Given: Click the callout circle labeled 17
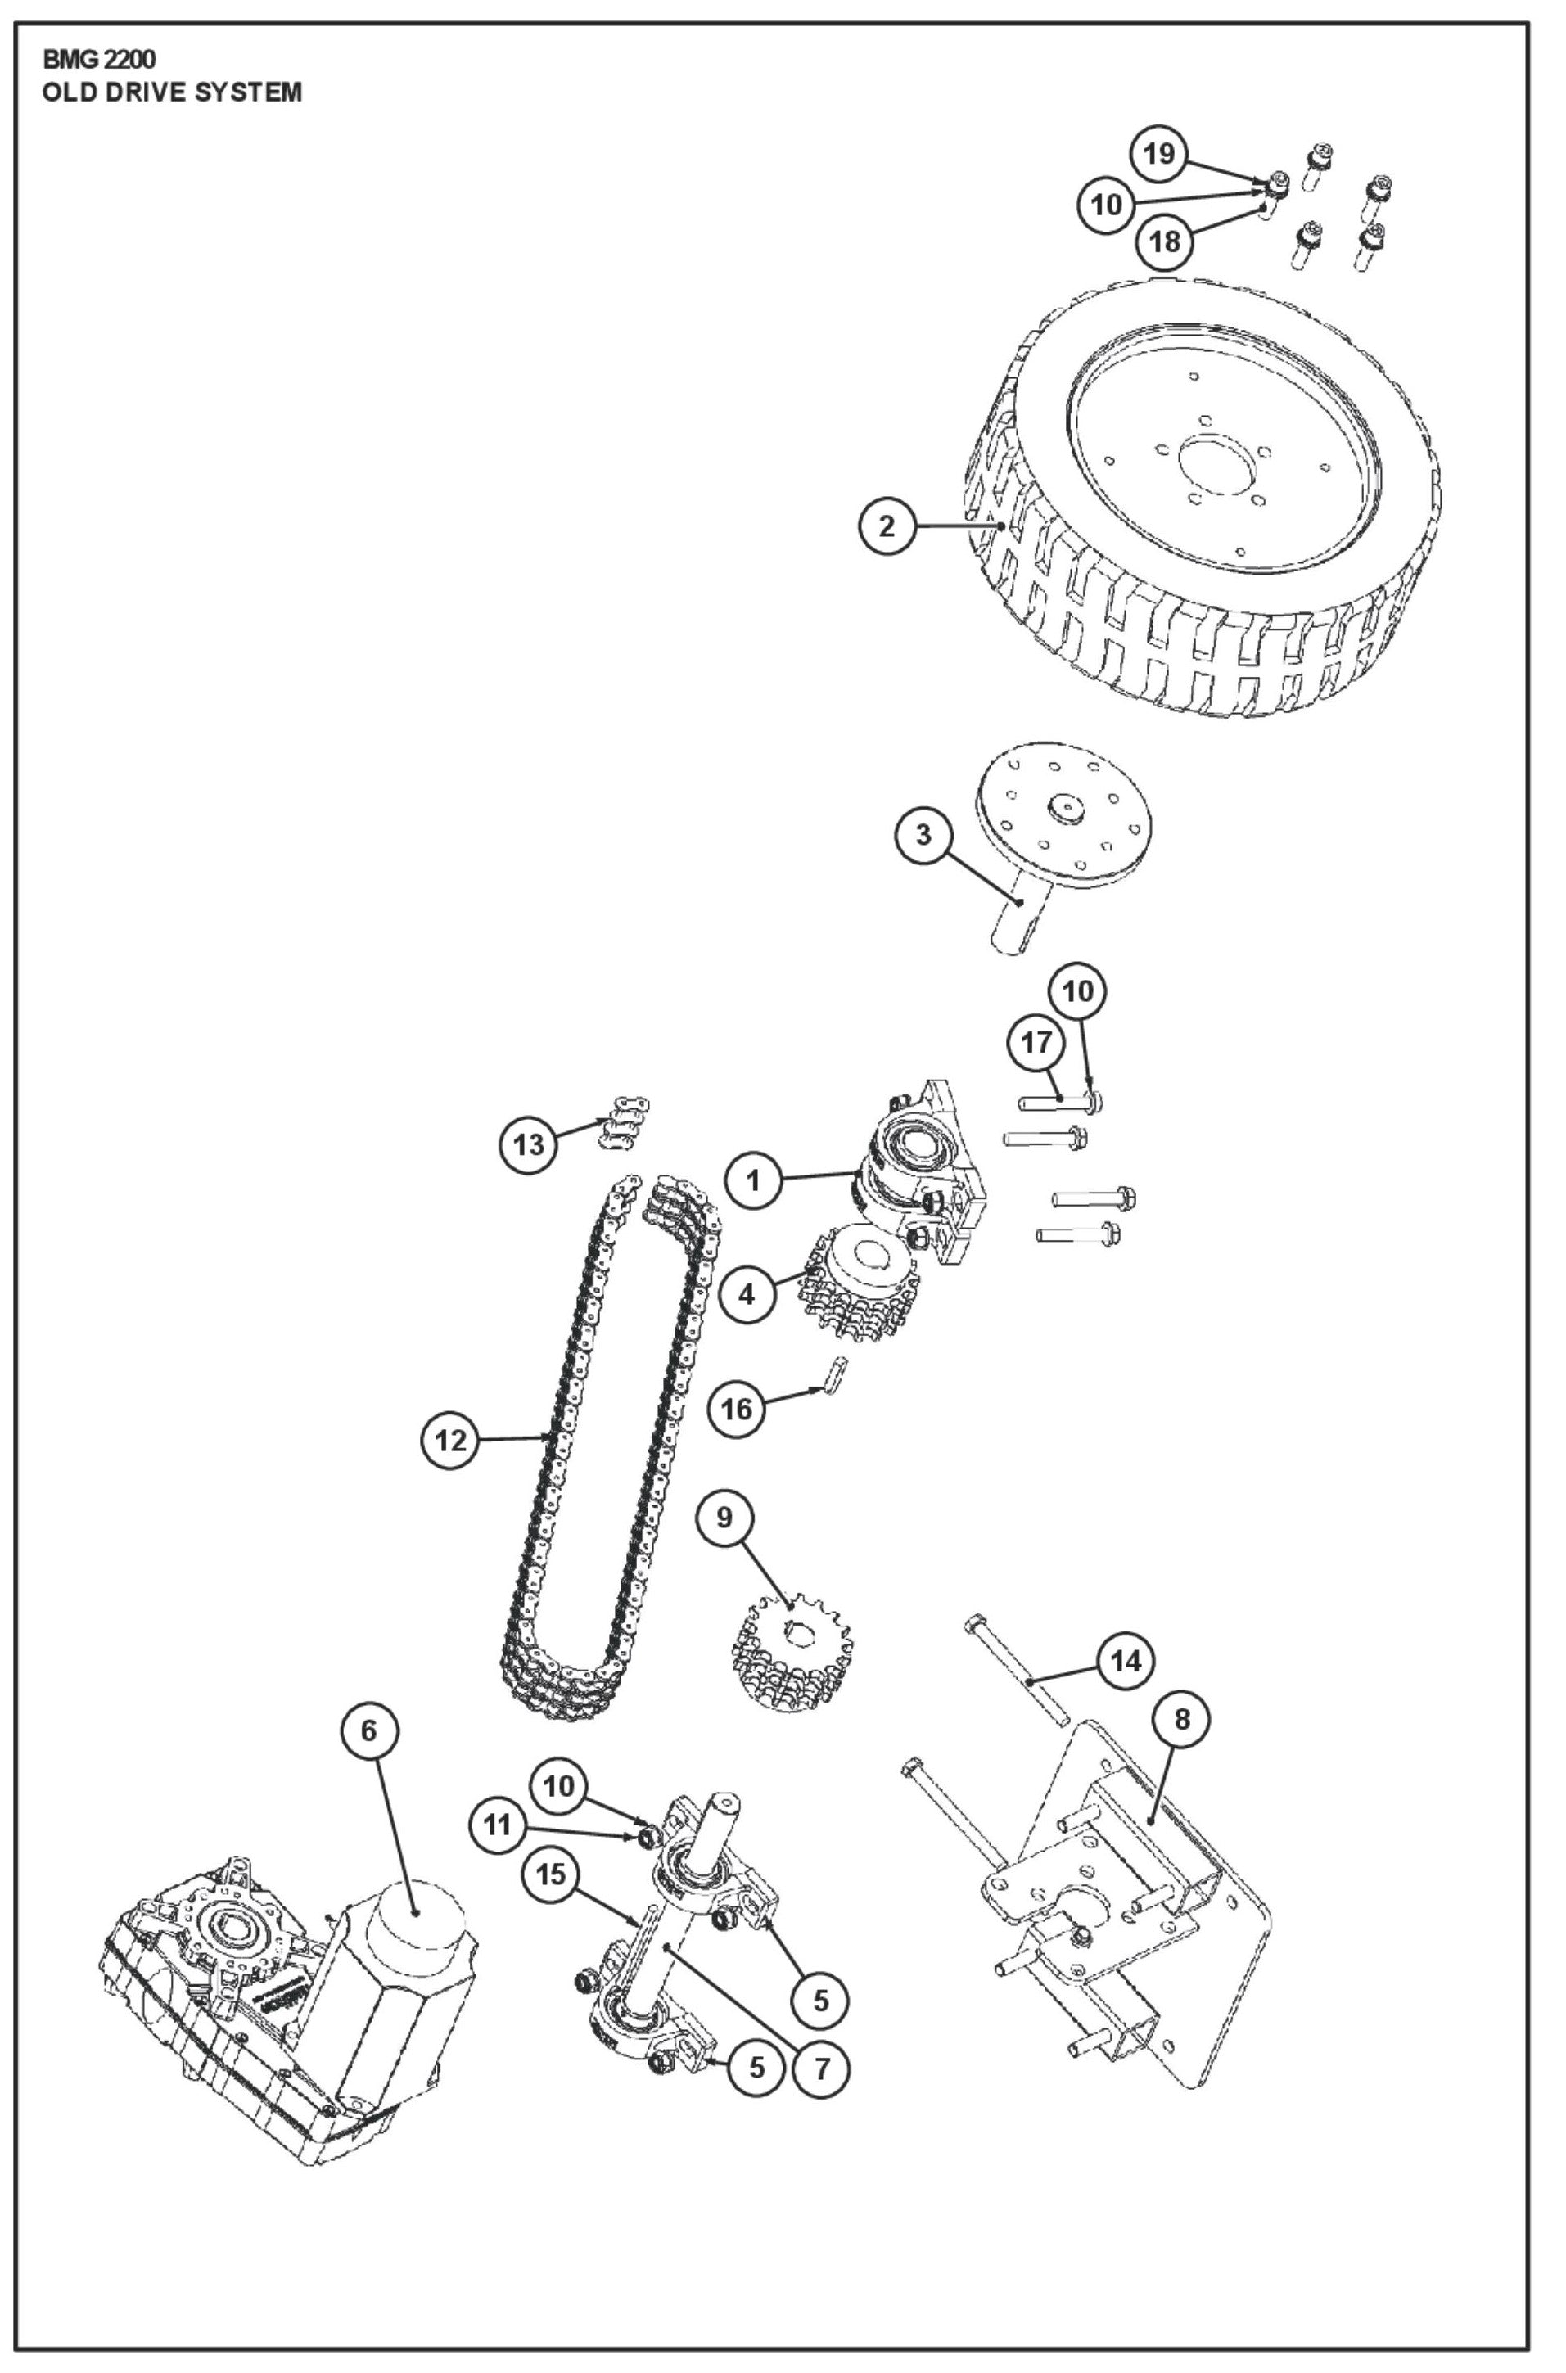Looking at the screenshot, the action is (x=1036, y=1043).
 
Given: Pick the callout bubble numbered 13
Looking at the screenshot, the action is (x=528, y=1144).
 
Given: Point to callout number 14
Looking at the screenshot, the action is (x=1126, y=1661).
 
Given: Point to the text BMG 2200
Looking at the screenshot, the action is (x=99, y=60).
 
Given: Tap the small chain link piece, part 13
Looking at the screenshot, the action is (x=625, y=1125).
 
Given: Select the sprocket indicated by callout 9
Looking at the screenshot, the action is (x=792, y=1650).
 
